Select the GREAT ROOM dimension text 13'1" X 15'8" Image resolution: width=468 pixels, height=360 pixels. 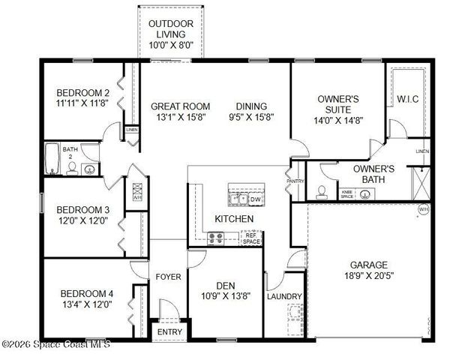180,118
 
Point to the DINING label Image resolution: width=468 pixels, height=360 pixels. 250,106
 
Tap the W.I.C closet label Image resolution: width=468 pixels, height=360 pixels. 407,98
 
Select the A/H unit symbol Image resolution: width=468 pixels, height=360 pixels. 138,192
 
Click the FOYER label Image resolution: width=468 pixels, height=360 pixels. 168,277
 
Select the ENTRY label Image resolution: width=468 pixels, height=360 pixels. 169,332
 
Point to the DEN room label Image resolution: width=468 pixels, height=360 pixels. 226,285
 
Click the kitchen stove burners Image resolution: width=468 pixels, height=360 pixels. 216,238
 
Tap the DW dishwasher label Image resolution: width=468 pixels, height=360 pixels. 254,199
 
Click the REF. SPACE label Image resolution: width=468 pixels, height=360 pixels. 251,238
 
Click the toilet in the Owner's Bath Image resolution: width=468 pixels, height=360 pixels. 322,190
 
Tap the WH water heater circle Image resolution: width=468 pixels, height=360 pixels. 423,209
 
